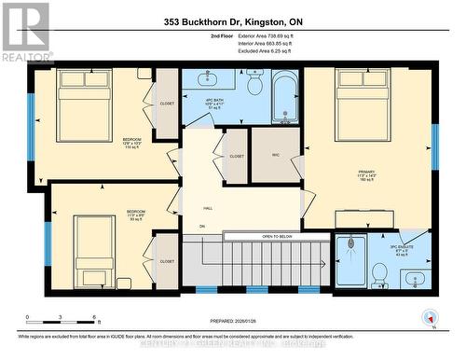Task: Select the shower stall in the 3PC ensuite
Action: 350,261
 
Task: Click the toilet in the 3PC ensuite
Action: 379,273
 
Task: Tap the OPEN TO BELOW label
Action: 278,237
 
